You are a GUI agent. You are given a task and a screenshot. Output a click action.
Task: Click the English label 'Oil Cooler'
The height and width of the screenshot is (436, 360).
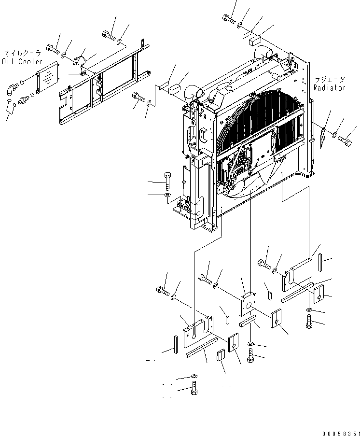[22, 61]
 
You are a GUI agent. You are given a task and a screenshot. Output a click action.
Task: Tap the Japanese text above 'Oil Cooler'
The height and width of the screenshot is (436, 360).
[23, 54]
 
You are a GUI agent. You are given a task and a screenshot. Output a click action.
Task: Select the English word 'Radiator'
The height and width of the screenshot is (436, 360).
[330, 88]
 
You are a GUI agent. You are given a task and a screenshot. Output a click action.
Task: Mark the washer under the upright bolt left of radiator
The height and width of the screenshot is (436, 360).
[167, 195]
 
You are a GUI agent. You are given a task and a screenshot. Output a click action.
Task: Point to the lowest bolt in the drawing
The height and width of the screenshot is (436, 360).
[194, 389]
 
